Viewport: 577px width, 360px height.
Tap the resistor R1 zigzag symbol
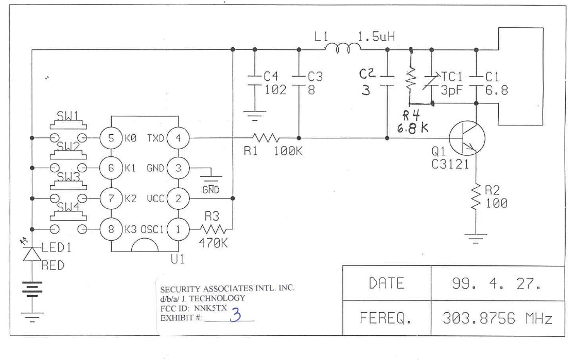[266, 138]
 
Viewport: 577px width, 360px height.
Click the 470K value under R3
[213, 243]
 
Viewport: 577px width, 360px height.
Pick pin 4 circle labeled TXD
[178, 138]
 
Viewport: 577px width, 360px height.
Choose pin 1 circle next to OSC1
[178, 229]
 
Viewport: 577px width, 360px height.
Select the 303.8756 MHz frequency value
[497, 318]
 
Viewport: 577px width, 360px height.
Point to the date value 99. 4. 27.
[497, 283]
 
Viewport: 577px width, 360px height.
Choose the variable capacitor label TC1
[453, 77]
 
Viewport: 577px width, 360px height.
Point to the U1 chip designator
[178, 260]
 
